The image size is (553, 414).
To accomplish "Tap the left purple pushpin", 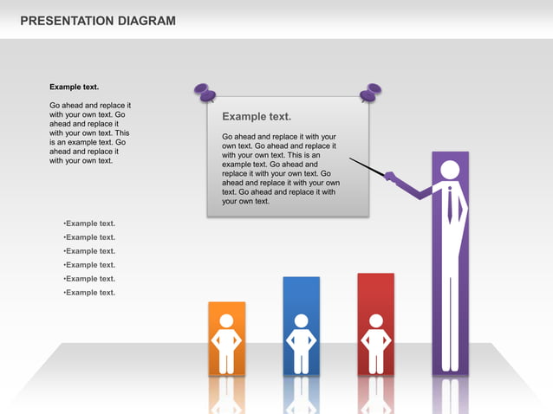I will pyautogui.click(x=205, y=91).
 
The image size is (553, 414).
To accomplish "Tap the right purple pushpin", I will pyautogui.click(x=371, y=91).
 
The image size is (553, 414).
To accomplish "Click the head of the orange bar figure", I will pyautogui.click(x=226, y=320).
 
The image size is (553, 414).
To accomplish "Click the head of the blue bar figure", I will pyautogui.click(x=301, y=320).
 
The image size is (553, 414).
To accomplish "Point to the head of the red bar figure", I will pyautogui.click(x=375, y=320).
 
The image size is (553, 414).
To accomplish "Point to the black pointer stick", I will pyautogui.click(x=367, y=166).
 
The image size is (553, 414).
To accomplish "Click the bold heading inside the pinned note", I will pyautogui.click(x=257, y=116).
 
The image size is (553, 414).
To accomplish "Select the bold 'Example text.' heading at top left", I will pyautogui.click(x=74, y=87).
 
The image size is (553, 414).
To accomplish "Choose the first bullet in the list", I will pyautogui.click(x=89, y=223).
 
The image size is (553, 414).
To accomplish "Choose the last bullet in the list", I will pyautogui.click(x=89, y=293).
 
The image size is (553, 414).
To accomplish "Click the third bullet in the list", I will pyautogui.click(x=89, y=251).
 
